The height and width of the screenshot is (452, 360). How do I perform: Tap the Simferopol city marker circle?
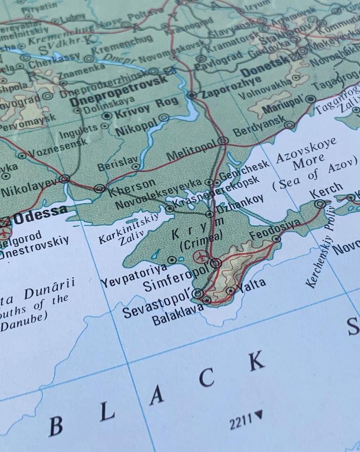click(x=216, y=263)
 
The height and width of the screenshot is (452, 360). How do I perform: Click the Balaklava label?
click(x=177, y=315)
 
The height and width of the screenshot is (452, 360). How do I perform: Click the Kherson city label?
click(x=132, y=187)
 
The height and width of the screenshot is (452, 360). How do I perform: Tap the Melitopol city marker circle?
click(x=223, y=140)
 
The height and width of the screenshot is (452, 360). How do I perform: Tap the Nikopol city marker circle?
click(x=164, y=118)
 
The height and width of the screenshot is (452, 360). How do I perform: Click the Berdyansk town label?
click(x=259, y=127)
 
